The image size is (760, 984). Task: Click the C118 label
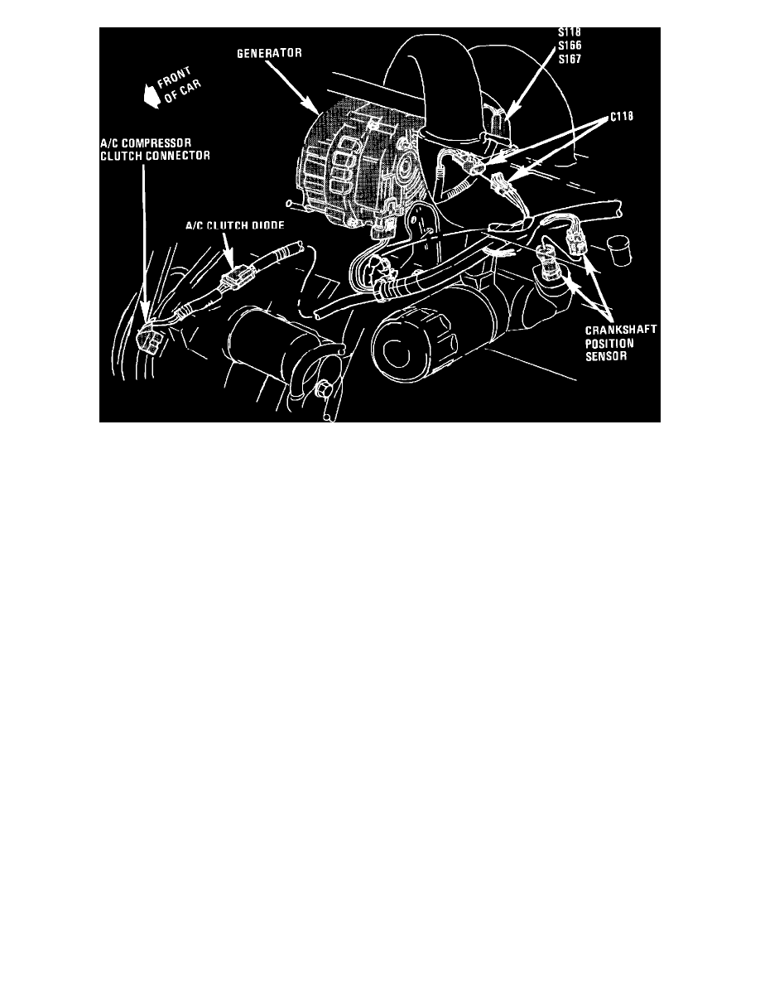(x=622, y=118)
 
